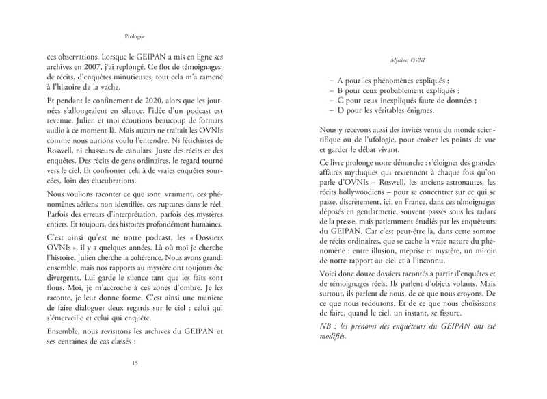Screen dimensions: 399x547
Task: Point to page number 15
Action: pos(135,363)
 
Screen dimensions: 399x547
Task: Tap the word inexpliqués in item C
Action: pos(409,100)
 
